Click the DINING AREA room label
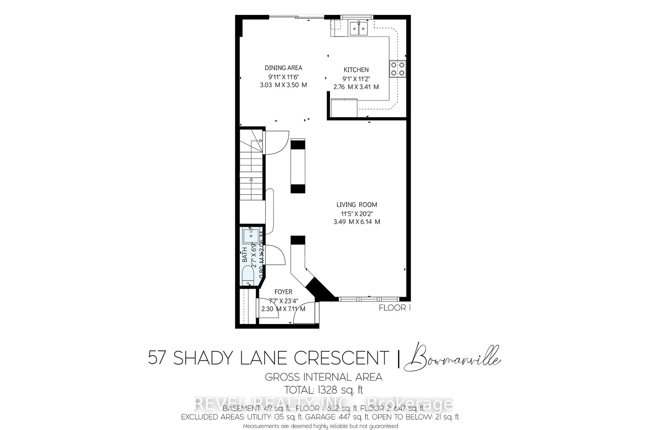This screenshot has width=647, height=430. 283,68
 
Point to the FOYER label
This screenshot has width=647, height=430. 283,292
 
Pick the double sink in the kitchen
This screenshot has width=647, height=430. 358,28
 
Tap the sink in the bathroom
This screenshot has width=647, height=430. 251,235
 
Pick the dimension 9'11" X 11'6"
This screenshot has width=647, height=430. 283,77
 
